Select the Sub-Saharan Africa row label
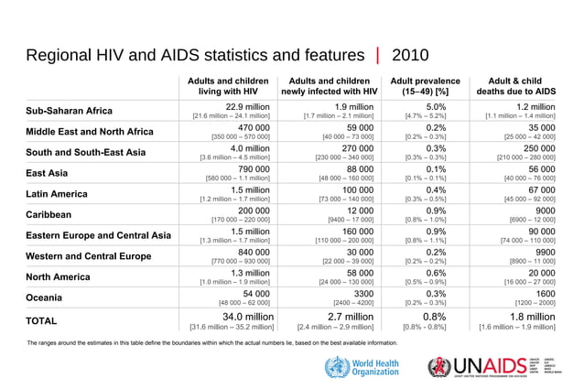(x=70, y=112)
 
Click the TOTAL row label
(x=42, y=321)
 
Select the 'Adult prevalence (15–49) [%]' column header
(x=425, y=86)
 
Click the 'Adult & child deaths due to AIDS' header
(x=516, y=86)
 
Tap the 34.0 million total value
(x=241, y=318)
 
